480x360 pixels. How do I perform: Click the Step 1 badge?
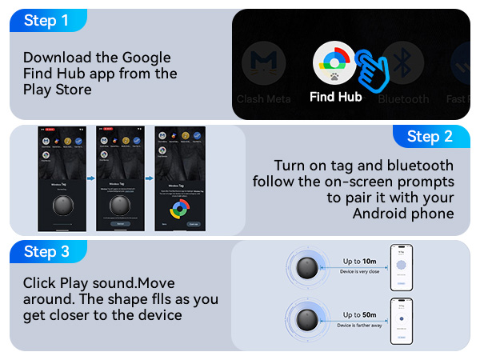pyautogui.click(x=46, y=21)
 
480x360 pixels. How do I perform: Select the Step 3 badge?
pyautogui.click(x=46, y=252)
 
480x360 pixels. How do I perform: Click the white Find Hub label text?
pyautogui.click(x=336, y=98)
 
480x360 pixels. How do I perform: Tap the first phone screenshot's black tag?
pyautogui.click(x=65, y=204)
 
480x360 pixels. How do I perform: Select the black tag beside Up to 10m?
pyautogui.click(x=308, y=268)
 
